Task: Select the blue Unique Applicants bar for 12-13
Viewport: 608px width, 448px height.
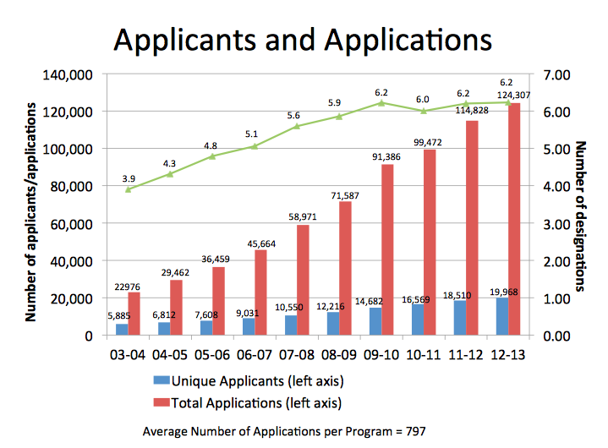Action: (502, 316)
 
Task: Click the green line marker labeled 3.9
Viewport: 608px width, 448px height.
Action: (128, 189)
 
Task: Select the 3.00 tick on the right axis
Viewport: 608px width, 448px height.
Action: (561, 224)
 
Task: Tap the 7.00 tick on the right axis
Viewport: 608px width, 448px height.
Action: (561, 75)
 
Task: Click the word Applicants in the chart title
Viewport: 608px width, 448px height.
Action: (188, 39)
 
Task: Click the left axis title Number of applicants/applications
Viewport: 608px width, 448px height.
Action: (31, 211)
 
